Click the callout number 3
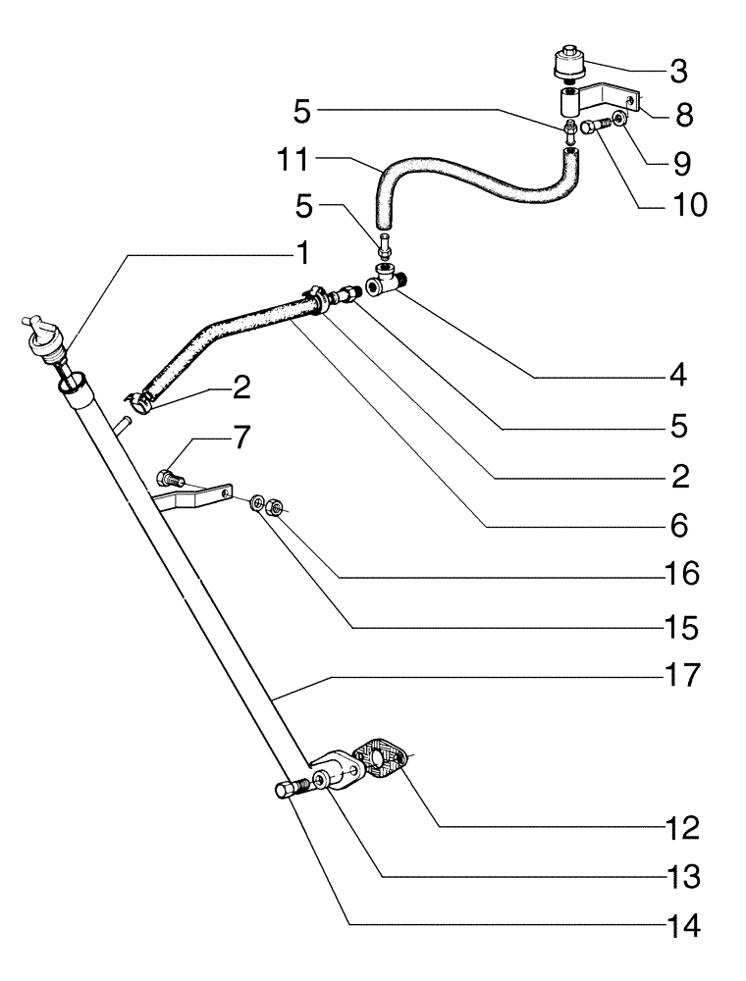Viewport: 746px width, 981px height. (x=679, y=72)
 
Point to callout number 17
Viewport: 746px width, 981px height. (x=677, y=675)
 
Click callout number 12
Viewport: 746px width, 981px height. (x=678, y=829)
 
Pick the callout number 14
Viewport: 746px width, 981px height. (x=678, y=927)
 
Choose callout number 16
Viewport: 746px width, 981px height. (x=678, y=573)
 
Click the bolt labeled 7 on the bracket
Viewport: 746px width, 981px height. (x=171, y=480)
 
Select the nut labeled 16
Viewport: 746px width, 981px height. (x=277, y=508)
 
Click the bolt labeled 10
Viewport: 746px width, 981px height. (x=591, y=127)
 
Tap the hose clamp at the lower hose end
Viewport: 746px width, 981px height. (x=138, y=397)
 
